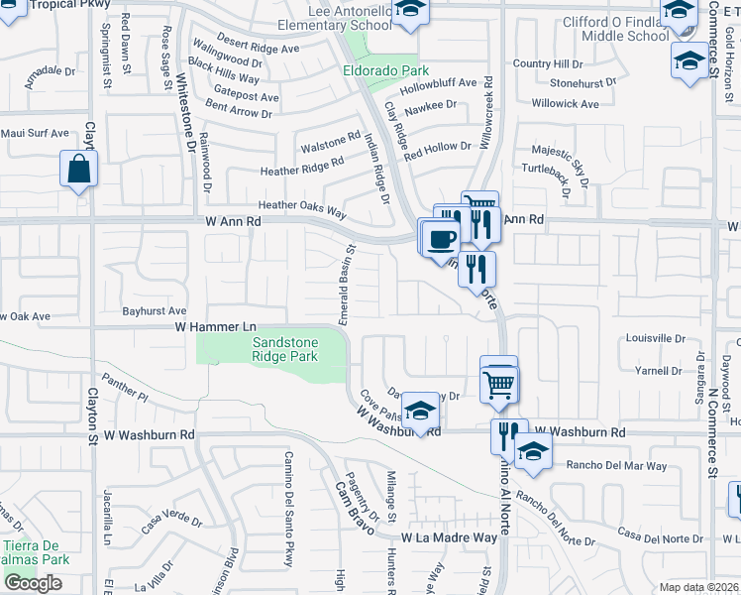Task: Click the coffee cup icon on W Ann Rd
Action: pos(441,238)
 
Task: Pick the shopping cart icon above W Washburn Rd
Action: pos(499,381)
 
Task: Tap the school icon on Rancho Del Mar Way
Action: pos(533,452)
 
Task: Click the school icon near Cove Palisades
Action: pos(421,412)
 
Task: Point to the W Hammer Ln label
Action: pos(215,326)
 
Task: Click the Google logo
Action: pos(32,583)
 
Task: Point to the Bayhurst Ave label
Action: pos(155,311)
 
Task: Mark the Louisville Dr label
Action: pos(658,337)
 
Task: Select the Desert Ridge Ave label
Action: pos(258,48)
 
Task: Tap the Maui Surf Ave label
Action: pos(35,133)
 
